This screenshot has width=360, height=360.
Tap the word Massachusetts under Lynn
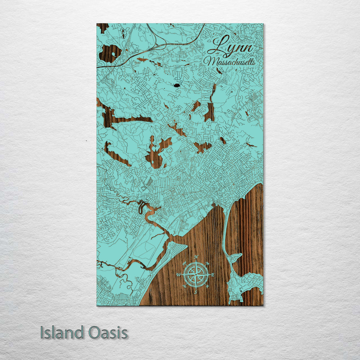point(230,62)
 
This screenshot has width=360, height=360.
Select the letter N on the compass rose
point(196,257)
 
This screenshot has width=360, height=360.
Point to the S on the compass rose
point(196,292)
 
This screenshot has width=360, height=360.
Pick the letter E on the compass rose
point(213,275)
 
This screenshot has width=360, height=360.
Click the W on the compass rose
point(179,275)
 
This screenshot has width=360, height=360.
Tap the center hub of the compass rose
point(196,275)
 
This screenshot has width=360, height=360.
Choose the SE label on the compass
point(208,286)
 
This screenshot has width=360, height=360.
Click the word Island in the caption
point(62,333)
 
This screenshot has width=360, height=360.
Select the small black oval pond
point(176,85)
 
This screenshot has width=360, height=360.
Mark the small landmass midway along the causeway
point(235,258)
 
